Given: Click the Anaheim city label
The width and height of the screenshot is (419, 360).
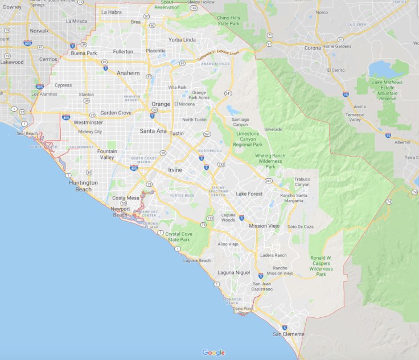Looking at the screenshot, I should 128,73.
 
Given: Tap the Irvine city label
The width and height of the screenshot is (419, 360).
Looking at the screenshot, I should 175,170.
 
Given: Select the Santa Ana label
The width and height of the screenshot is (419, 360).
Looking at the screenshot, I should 153,131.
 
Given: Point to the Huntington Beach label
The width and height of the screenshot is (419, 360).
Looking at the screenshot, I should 83,186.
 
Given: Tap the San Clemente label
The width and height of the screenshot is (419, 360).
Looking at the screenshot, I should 289,334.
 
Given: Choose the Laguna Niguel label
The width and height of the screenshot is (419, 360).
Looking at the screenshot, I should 233,273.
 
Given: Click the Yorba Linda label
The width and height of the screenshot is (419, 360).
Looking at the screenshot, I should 182,40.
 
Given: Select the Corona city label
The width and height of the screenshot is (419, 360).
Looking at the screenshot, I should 313,48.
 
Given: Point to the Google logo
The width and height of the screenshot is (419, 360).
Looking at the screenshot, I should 213,353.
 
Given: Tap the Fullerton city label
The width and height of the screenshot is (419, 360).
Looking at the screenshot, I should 123,51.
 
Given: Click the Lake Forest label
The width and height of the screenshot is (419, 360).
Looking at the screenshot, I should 249,194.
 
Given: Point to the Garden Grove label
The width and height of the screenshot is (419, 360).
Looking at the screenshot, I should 116,113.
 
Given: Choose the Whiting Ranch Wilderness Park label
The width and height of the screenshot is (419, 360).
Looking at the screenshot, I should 270,161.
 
